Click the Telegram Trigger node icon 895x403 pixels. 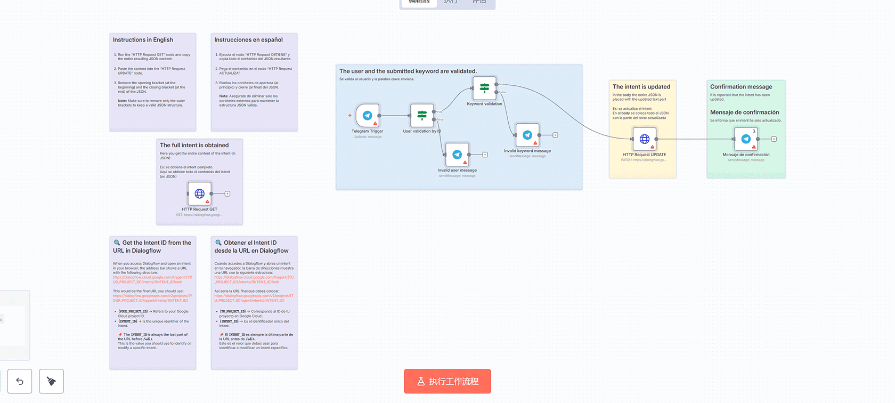(367, 115)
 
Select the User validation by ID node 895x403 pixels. (422, 115)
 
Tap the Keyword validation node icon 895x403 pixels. (484, 87)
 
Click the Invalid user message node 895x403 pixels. (457, 155)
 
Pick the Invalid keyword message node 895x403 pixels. (527, 135)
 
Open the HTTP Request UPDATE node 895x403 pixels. (644, 139)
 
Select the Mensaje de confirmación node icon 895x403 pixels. (746, 139)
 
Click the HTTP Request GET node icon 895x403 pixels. (200, 194)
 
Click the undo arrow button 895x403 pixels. (20, 381)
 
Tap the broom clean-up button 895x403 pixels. (51, 381)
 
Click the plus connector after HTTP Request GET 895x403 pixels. (227, 194)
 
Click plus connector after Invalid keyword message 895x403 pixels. (555, 135)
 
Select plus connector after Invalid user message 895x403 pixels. (485, 155)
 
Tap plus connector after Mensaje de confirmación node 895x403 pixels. (774, 139)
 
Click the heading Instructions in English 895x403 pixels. (143, 40)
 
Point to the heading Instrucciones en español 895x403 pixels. (248, 40)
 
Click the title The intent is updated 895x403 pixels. (641, 87)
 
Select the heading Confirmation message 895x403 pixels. (741, 87)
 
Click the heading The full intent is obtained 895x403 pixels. (194, 145)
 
